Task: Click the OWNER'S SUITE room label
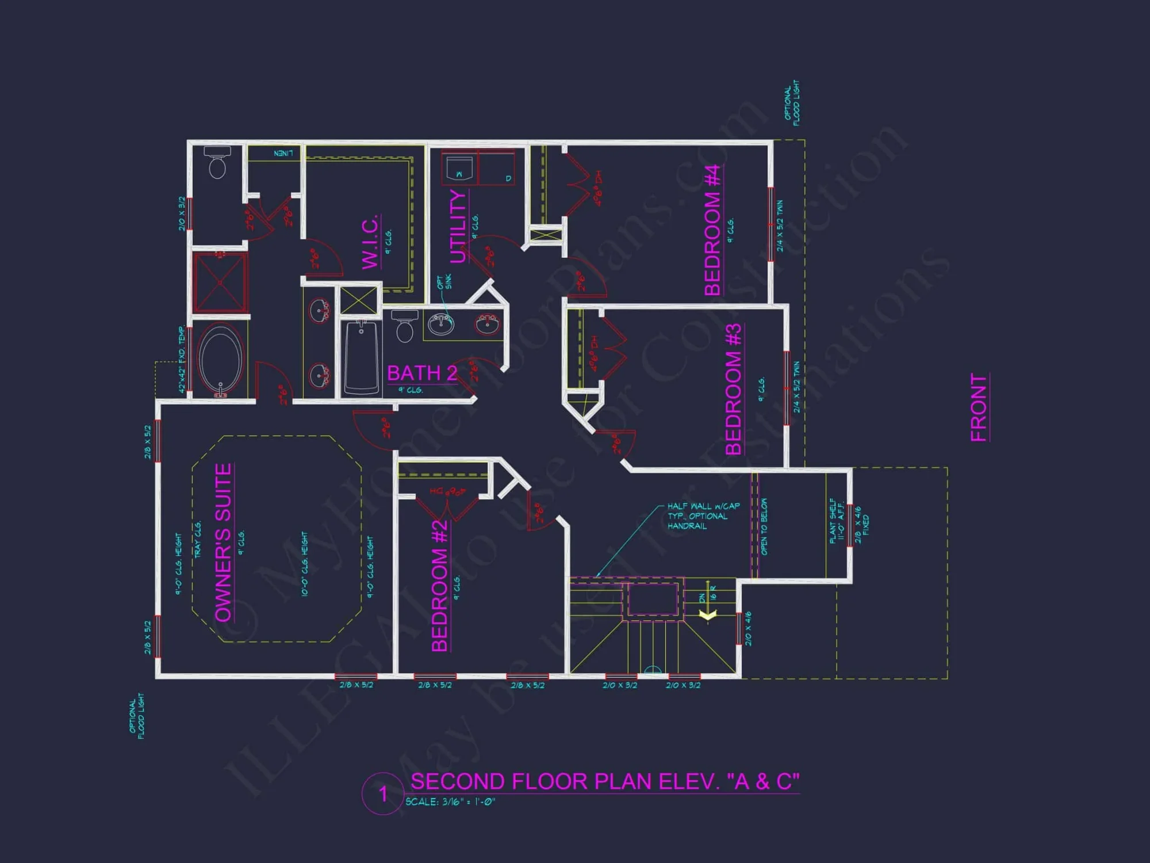[x=223, y=543]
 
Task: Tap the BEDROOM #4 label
[x=712, y=230]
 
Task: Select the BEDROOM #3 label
[x=733, y=390]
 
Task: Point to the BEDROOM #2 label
[x=439, y=586]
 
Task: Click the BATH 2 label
[x=422, y=373]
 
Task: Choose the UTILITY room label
[x=458, y=226]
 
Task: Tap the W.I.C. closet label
[x=370, y=242]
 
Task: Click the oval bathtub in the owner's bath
[x=221, y=358]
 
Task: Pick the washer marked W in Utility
[x=459, y=169]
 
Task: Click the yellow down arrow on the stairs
[x=707, y=614]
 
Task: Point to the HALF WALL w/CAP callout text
[x=703, y=516]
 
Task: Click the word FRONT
[x=979, y=407]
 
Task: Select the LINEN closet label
[x=283, y=153]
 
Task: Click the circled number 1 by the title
[x=383, y=795]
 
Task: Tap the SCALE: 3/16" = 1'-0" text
[x=450, y=802]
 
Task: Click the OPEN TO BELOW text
[x=764, y=526]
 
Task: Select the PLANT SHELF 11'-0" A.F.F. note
[x=837, y=520]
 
